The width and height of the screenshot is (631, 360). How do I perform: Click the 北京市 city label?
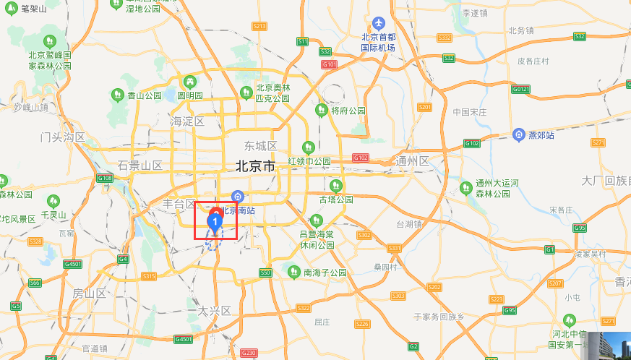(255, 166)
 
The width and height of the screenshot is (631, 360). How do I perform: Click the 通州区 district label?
(413, 160)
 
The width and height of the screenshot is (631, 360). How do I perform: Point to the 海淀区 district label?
(188, 121)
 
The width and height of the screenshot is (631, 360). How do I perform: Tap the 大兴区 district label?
(214, 311)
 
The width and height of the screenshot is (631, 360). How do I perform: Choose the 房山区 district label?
(89, 293)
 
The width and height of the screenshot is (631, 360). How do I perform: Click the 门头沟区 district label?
(63, 137)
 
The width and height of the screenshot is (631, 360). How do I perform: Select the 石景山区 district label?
(140, 166)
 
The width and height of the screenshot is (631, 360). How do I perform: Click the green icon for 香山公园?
(117, 95)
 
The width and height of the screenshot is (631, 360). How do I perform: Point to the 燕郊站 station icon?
(518, 134)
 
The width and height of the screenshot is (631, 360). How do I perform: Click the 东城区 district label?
(261, 146)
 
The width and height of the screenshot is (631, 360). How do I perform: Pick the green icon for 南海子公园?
(293, 272)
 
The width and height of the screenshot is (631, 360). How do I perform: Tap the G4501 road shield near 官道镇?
(184, 339)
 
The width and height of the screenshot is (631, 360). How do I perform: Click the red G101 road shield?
(330, 65)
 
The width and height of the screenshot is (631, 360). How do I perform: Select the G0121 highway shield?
(520, 89)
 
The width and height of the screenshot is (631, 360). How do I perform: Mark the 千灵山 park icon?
(53, 202)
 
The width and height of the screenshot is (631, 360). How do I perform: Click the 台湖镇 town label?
(408, 224)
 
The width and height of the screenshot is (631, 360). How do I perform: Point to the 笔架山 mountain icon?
(11, 9)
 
